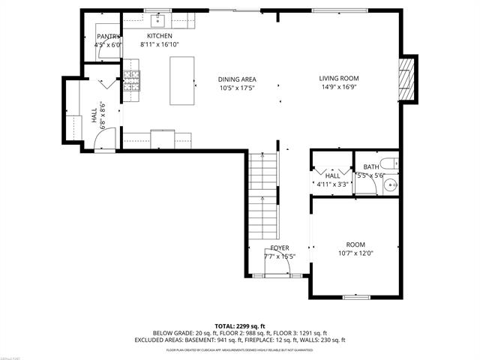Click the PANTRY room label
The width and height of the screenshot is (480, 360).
(108, 36)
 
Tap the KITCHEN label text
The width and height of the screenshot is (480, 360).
(159, 36)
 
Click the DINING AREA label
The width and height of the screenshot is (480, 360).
(237, 79)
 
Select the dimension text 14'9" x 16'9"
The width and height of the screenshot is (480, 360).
(339, 87)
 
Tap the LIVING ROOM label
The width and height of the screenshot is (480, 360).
(339, 78)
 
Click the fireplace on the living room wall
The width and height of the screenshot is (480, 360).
(406, 77)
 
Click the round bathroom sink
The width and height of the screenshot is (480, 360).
(390, 184)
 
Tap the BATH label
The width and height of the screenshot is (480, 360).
(371, 166)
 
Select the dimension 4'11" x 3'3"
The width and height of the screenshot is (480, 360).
(332, 184)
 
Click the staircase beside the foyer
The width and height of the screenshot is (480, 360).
(263, 195)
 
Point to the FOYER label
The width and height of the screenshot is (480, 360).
(280, 248)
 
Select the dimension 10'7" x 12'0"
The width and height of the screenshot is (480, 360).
(355, 254)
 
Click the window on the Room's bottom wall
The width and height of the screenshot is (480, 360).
(356, 297)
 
